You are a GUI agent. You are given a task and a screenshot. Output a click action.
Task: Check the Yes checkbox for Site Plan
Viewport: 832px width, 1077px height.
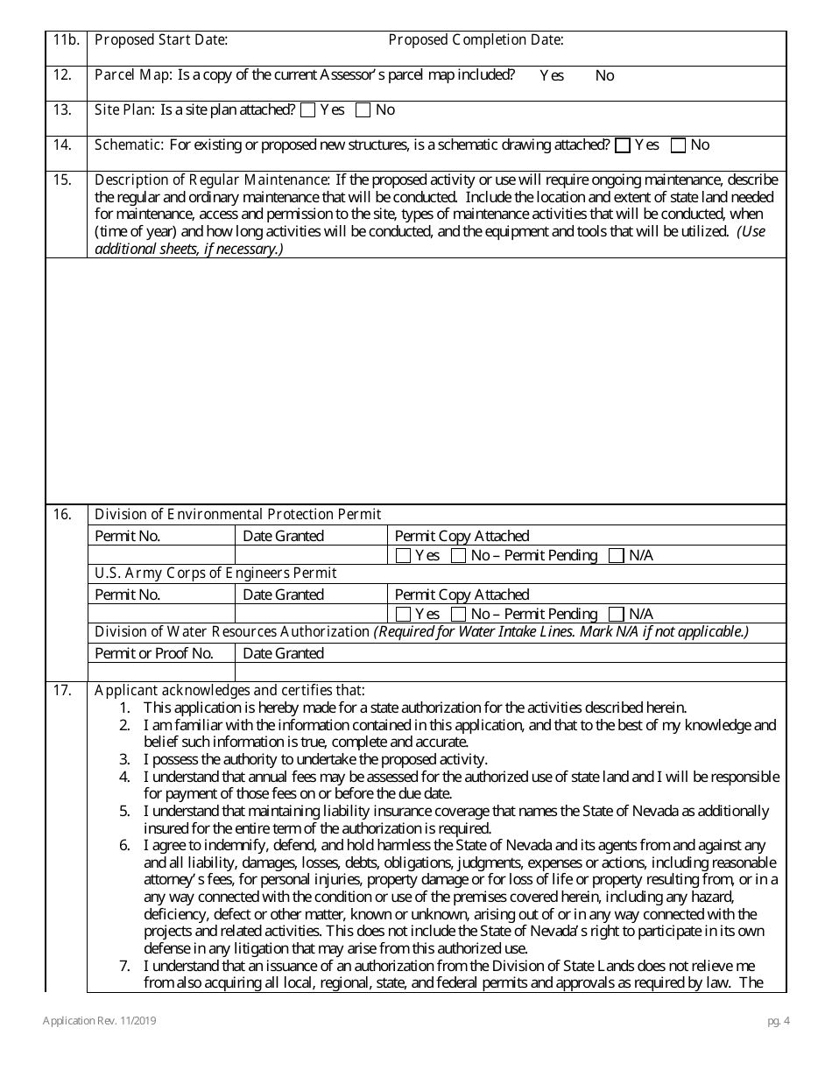click(x=307, y=110)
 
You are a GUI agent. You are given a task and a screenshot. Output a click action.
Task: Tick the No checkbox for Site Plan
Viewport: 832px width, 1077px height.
click(x=363, y=110)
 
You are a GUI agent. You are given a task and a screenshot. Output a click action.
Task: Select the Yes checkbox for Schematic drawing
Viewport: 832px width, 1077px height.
click(x=623, y=145)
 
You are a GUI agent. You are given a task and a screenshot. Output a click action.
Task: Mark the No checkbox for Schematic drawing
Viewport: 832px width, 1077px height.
click(x=678, y=145)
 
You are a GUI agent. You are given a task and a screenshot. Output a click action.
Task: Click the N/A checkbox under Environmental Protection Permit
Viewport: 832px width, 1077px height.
click(x=617, y=555)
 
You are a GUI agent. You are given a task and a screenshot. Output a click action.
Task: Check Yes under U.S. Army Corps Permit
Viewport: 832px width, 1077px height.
click(x=403, y=614)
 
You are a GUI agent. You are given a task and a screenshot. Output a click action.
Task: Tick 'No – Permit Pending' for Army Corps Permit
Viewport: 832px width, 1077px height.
click(x=458, y=614)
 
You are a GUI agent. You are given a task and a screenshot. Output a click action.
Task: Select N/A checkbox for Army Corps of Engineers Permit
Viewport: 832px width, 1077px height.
click(x=617, y=614)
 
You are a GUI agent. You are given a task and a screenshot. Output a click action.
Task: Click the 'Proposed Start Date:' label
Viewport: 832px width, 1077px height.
click(x=161, y=39)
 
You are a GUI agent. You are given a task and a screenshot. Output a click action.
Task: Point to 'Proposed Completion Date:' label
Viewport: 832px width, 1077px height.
click(x=476, y=39)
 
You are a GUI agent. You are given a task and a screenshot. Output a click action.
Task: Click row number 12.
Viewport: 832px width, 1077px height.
click(x=62, y=74)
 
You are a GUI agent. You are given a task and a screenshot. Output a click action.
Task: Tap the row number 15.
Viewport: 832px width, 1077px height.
click(x=62, y=179)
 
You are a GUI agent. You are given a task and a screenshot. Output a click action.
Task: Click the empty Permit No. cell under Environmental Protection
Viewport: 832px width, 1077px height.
click(x=161, y=555)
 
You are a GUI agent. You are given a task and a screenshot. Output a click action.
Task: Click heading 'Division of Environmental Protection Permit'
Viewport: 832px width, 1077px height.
click(x=237, y=514)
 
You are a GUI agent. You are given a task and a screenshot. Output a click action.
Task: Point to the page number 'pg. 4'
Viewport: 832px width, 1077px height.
click(x=774, y=1021)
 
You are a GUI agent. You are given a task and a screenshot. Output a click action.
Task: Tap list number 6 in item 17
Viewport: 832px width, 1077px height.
click(x=124, y=845)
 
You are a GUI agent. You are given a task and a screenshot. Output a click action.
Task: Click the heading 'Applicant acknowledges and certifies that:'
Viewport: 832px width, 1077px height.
click(x=229, y=690)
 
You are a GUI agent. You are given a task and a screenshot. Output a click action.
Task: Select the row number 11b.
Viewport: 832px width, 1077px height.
click(x=66, y=39)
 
